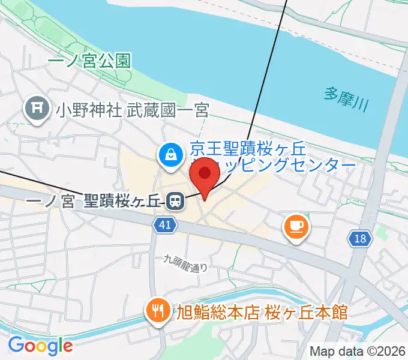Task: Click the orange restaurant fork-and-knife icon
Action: (158, 310)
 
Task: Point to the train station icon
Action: (175, 201)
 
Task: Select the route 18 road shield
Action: (359, 239)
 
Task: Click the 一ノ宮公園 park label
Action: (89, 61)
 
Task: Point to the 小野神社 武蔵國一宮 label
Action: (132, 110)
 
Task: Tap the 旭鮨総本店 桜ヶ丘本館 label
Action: (262, 312)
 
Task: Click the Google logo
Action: (40, 346)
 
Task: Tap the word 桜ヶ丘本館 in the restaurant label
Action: (308, 312)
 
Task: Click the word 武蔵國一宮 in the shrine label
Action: (167, 110)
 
